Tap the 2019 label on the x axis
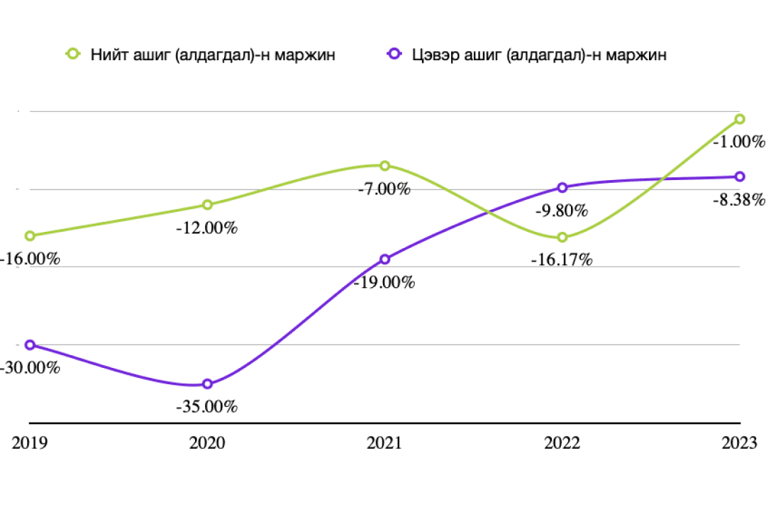(x=30, y=443)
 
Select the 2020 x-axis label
(x=207, y=443)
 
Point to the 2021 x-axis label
(x=384, y=443)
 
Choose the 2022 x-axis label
(x=562, y=443)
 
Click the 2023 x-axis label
(x=739, y=443)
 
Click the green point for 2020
(x=207, y=205)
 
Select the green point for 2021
(x=384, y=166)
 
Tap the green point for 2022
(x=562, y=237)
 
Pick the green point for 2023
(x=739, y=119)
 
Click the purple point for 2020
(x=207, y=384)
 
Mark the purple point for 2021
(x=384, y=259)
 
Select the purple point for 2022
(x=562, y=188)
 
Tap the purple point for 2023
(x=739, y=177)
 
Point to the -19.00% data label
(x=384, y=282)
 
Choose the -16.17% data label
(x=562, y=260)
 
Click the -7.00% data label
(x=384, y=189)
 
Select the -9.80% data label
(x=562, y=211)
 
